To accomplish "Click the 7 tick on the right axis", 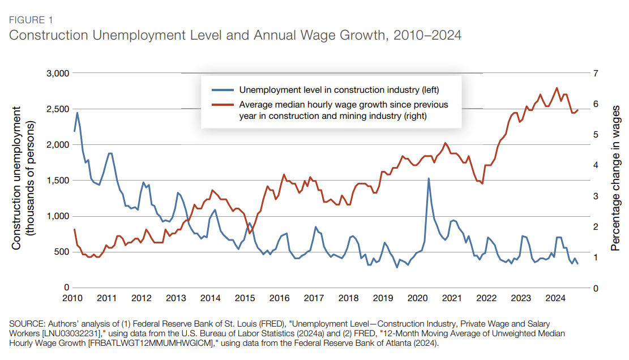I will coord(595,73).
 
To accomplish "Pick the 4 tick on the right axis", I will coord(595,165).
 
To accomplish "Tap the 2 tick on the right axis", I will coord(595,226).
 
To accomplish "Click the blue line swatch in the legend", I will coord(222,90).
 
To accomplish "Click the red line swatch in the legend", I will coord(222,105).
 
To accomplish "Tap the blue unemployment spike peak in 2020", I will coord(428,178).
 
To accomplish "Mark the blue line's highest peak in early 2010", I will coord(77,113).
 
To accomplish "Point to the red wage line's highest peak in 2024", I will coord(557,88).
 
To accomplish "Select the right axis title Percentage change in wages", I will coord(615,178).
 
